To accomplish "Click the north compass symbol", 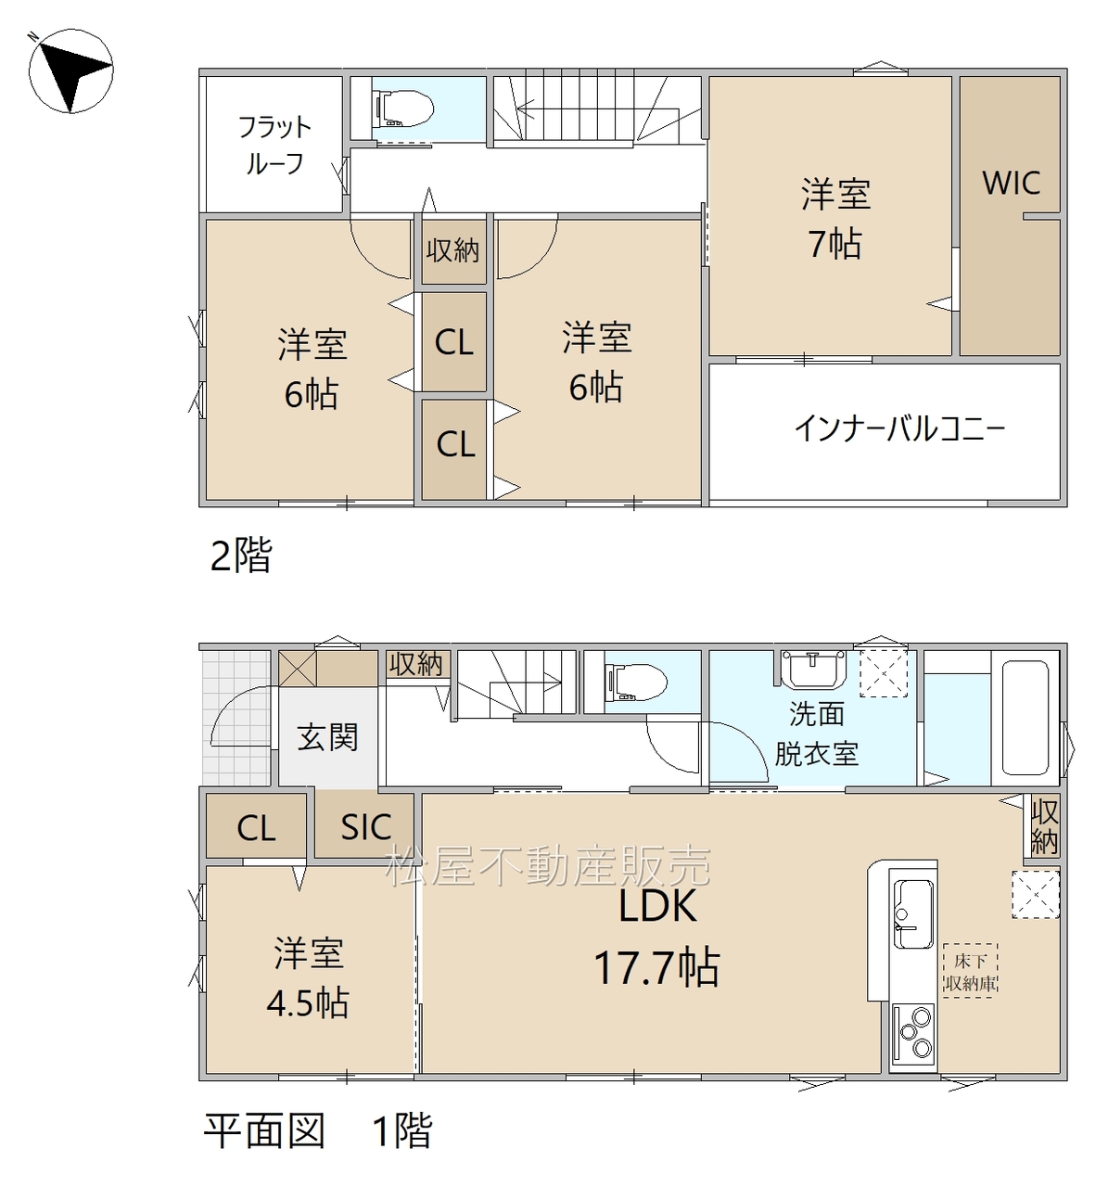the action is coord(70,70).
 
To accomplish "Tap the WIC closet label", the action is coord(1011,183).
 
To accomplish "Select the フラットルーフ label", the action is coord(274,146).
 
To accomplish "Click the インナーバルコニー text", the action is coord(900,428).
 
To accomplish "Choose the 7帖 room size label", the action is coord(835,243).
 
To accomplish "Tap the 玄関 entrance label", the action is coord(327,737).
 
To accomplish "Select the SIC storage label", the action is coord(365,827).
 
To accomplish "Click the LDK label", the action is coord(657,905).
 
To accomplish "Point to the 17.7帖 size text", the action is coord(656,967).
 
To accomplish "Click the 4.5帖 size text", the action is coord(307,1002).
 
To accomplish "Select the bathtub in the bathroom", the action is coord(1025,718).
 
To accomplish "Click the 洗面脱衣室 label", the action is coord(816,734).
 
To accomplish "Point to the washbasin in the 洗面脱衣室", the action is coord(813,670).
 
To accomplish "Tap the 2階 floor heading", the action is coord(241,555).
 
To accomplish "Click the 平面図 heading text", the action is coord(265,1130).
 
